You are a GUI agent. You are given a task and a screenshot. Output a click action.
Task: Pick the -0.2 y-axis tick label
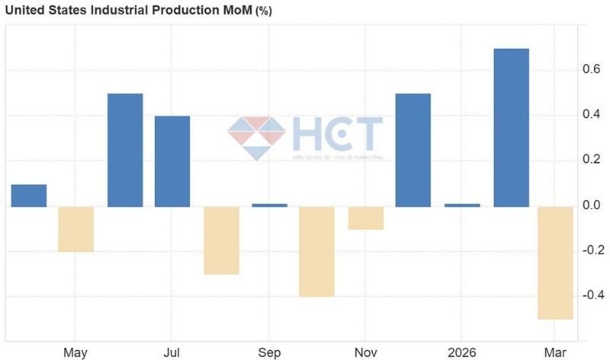click(x=592, y=251)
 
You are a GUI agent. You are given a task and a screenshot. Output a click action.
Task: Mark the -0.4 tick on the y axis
click(x=592, y=296)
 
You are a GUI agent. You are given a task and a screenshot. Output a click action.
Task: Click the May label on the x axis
click(x=75, y=352)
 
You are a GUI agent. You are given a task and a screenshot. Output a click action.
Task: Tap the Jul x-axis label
click(x=172, y=352)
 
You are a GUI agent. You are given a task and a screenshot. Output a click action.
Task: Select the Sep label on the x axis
click(x=269, y=352)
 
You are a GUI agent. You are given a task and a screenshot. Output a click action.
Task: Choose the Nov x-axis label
click(x=366, y=352)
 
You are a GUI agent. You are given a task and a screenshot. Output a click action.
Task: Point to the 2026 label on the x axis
click(x=462, y=352)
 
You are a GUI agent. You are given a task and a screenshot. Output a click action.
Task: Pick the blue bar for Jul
click(x=172, y=161)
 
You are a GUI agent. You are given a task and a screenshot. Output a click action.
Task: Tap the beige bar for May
click(x=75, y=229)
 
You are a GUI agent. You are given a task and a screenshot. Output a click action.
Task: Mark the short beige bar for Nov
click(x=366, y=217)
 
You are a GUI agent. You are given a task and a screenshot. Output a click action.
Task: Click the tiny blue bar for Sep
click(x=269, y=205)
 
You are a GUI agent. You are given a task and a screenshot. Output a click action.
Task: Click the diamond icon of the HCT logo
click(x=256, y=138)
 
